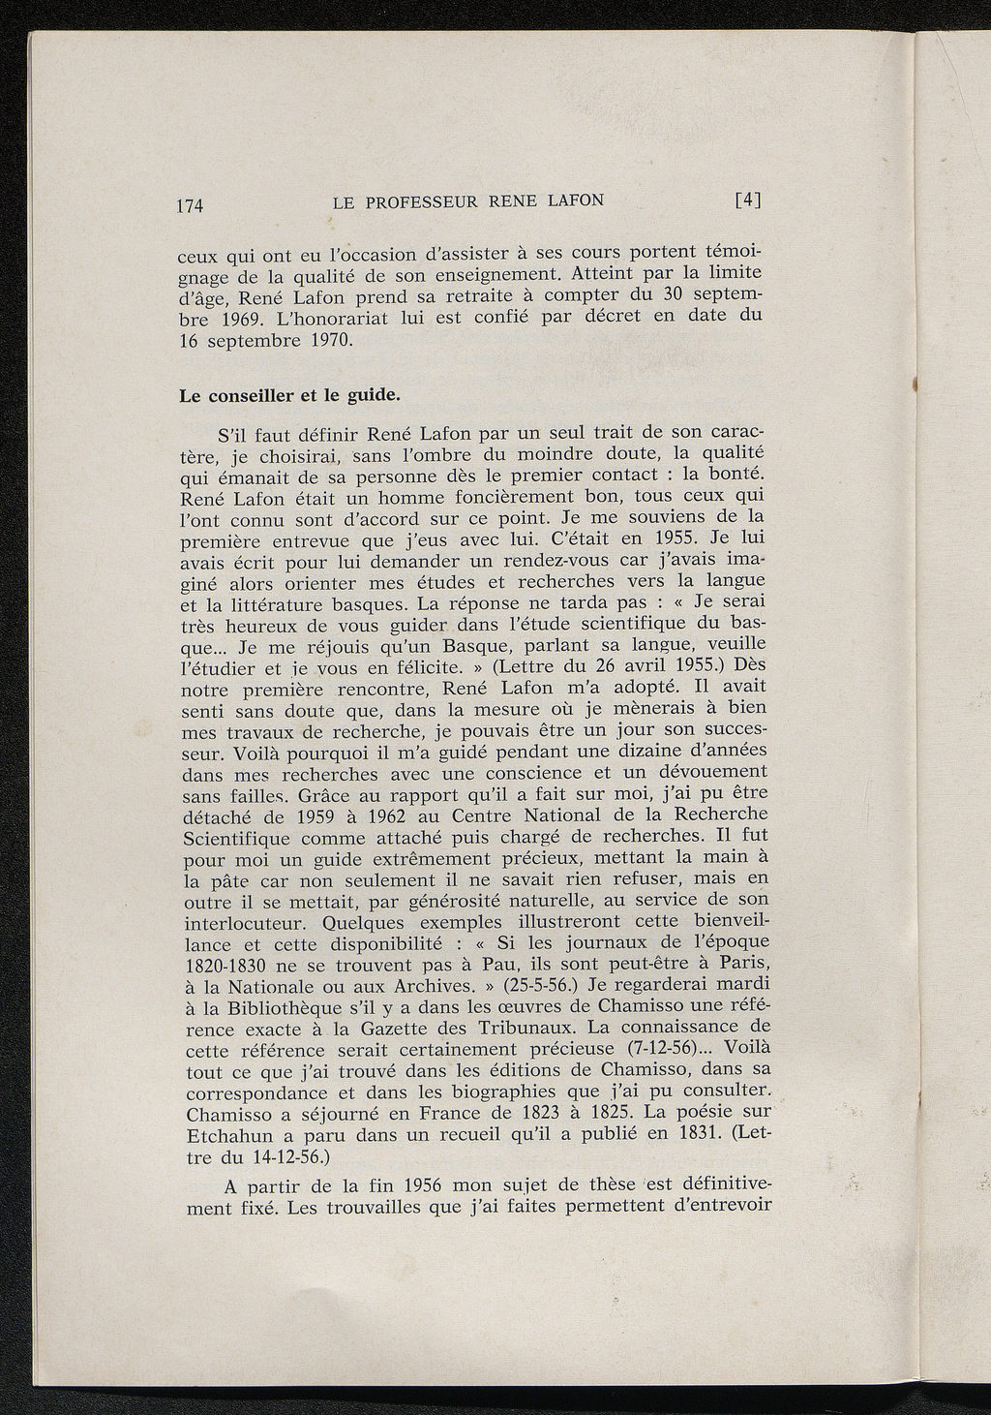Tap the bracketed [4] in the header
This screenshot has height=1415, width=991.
coord(749,200)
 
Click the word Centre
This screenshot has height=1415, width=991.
coord(484,815)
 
